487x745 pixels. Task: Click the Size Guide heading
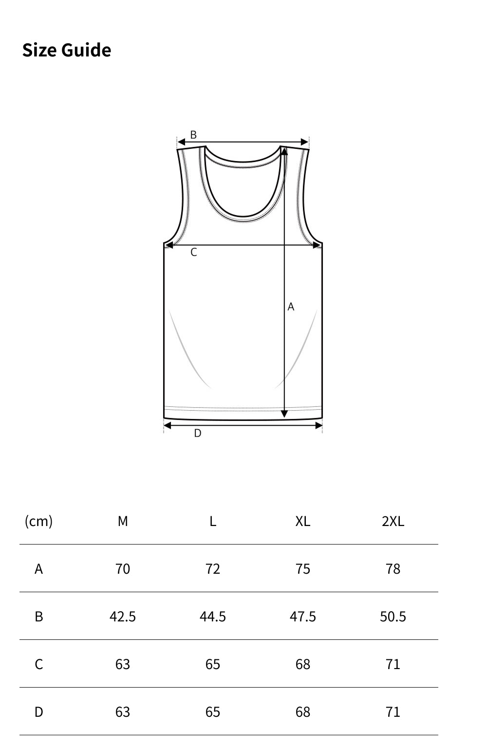pyautogui.click(x=67, y=50)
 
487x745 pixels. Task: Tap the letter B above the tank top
pyautogui.click(x=193, y=135)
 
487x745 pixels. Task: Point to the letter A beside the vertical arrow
pyautogui.click(x=291, y=307)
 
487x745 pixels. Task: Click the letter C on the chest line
pyautogui.click(x=193, y=252)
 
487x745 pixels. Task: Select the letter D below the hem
pyautogui.click(x=197, y=433)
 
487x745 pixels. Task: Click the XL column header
pyautogui.click(x=302, y=521)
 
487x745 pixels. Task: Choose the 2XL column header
pyautogui.click(x=393, y=521)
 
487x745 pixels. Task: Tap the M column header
pyautogui.click(x=123, y=521)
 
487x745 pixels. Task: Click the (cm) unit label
pyautogui.click(x=38, y=521)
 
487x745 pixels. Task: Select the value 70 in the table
pyautogui.click(x=123, y=569)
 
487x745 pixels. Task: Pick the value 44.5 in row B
pyautogui.click(x=213, y=617)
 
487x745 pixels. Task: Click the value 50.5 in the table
pyautogui.click(x=393, y=617)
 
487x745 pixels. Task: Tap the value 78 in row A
pyautogui.click(x=393, y=569)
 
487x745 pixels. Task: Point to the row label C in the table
pyautogui.click(x=38, y=664)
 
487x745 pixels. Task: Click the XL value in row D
pyautogui.click(x=302, y=712)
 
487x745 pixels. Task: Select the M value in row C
pyautogui.click(x=123, y=664)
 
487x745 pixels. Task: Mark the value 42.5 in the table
pyautogui.click(x=123, y=617)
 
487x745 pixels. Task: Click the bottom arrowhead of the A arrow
pyautogui.click(x=284, y=414)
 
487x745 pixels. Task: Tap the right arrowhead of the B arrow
pyautogui.click(x=305, y=142)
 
